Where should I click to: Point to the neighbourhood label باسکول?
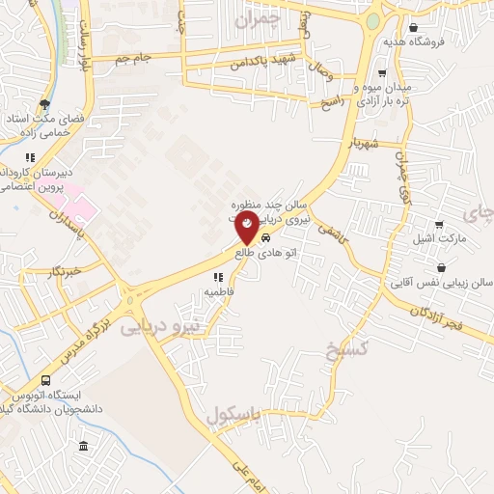pyautogui.click(x=233, y=417)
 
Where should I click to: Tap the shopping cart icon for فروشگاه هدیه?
pyautogui.click(x=413, y=27)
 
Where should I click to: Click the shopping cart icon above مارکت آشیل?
pyautogui.click(x=440, y=221)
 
